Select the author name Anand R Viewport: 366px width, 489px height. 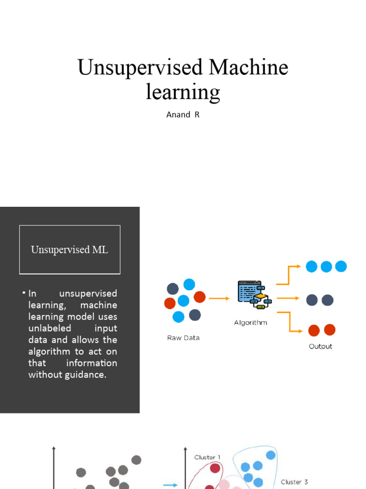coord(183,115)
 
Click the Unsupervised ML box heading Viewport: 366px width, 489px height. coord(70,250)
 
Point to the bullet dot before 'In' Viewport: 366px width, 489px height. coord(23,292)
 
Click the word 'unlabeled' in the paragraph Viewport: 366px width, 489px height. coord(50,329)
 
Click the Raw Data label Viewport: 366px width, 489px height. coord(183,338)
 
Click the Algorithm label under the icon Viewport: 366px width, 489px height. coord(251,323)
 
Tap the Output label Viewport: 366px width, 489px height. coord(320,346)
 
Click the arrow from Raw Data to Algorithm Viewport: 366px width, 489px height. coord(219,299)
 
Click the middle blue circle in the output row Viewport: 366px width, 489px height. coord(326,266)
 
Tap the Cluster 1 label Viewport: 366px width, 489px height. coord(207,457)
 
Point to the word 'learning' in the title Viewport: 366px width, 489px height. coord(183,92)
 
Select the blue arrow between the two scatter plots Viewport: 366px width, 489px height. coord(170,485)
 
